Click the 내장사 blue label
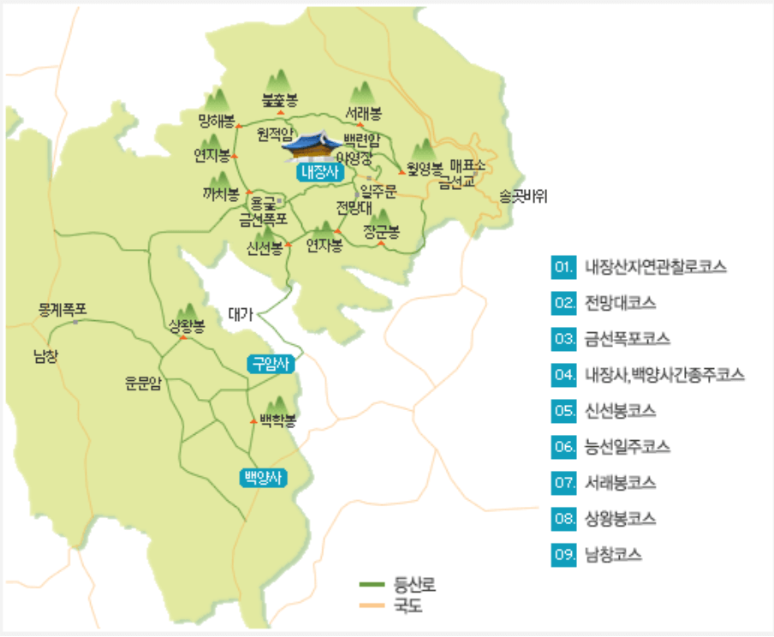pos(319,172)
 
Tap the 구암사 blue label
pos(271,364)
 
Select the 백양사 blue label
pos(263,478)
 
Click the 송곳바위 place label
pos(523,196)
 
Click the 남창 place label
pos(45,355)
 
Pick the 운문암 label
pos(143,383)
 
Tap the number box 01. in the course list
pos(563,267)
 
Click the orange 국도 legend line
pos(372,606)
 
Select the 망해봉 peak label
pos(216,120)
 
